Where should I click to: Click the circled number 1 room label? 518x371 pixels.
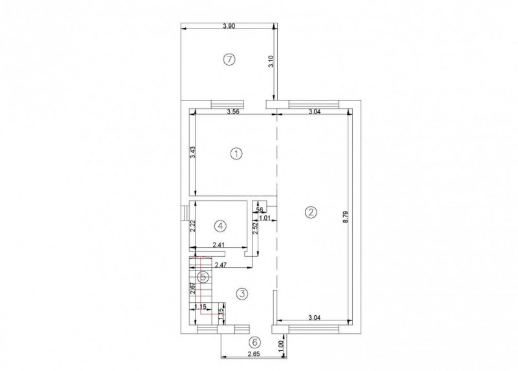coord(236,154)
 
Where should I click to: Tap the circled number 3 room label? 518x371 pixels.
coord(242,294)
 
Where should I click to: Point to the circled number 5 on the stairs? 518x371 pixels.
coord(203,277)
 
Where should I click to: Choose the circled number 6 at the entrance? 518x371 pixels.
coord(254,342)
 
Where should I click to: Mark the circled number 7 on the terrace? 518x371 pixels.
coord(228,60)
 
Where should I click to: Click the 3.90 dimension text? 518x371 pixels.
coord(229,25)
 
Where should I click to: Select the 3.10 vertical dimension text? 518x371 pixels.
coord(271,62)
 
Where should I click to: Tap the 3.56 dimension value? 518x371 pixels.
coord(234,112)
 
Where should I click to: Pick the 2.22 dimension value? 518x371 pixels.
coord(193,226)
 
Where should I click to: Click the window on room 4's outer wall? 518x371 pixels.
coord(185,213)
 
